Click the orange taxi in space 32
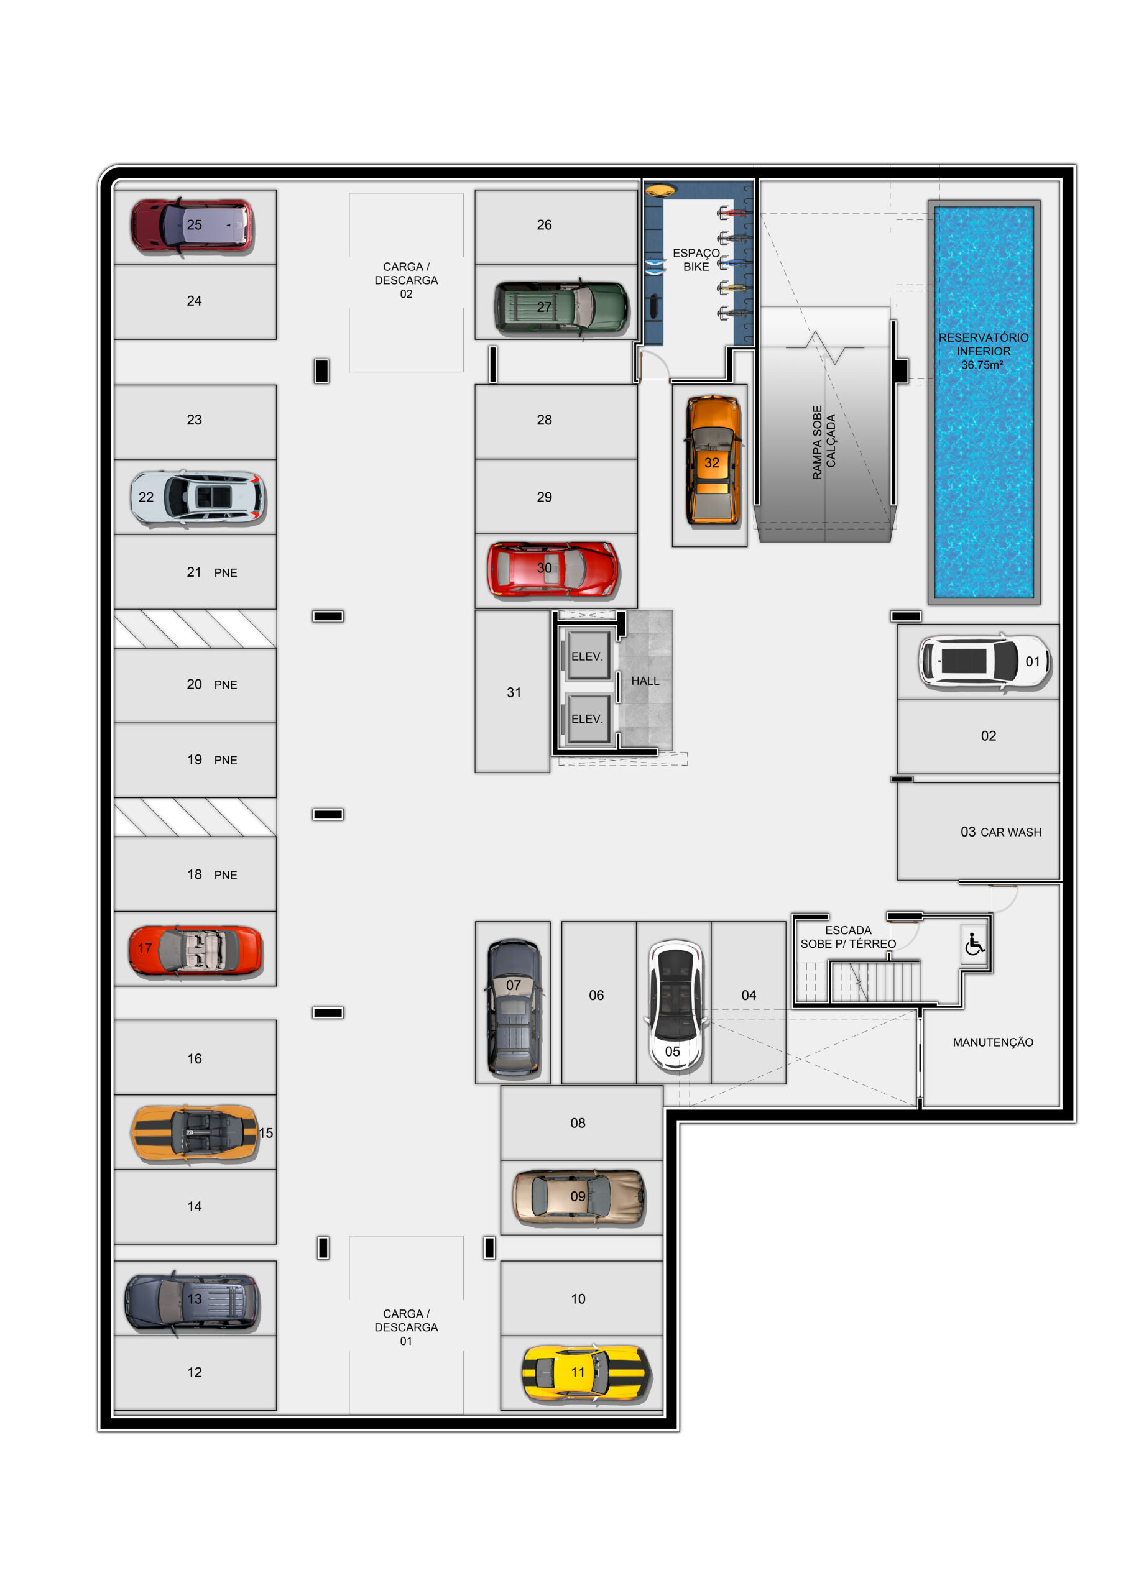coord(713,459)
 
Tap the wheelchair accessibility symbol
coord(975,944)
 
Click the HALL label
coord(645,681)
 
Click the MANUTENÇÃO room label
coord(993,1042)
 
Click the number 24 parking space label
coord(194,301)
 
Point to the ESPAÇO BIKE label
coord(696,260)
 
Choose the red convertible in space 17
coord(195,950)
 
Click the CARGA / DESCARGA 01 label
coord(406,1327)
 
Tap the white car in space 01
coord(985,661)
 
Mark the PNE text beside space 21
coord(225,573)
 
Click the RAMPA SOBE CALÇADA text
coord(824,442)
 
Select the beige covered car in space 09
coord(579,1197)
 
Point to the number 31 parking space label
coord(514,692)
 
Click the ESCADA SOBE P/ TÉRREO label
coord(848,937)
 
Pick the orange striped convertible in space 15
coord(194,1133)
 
